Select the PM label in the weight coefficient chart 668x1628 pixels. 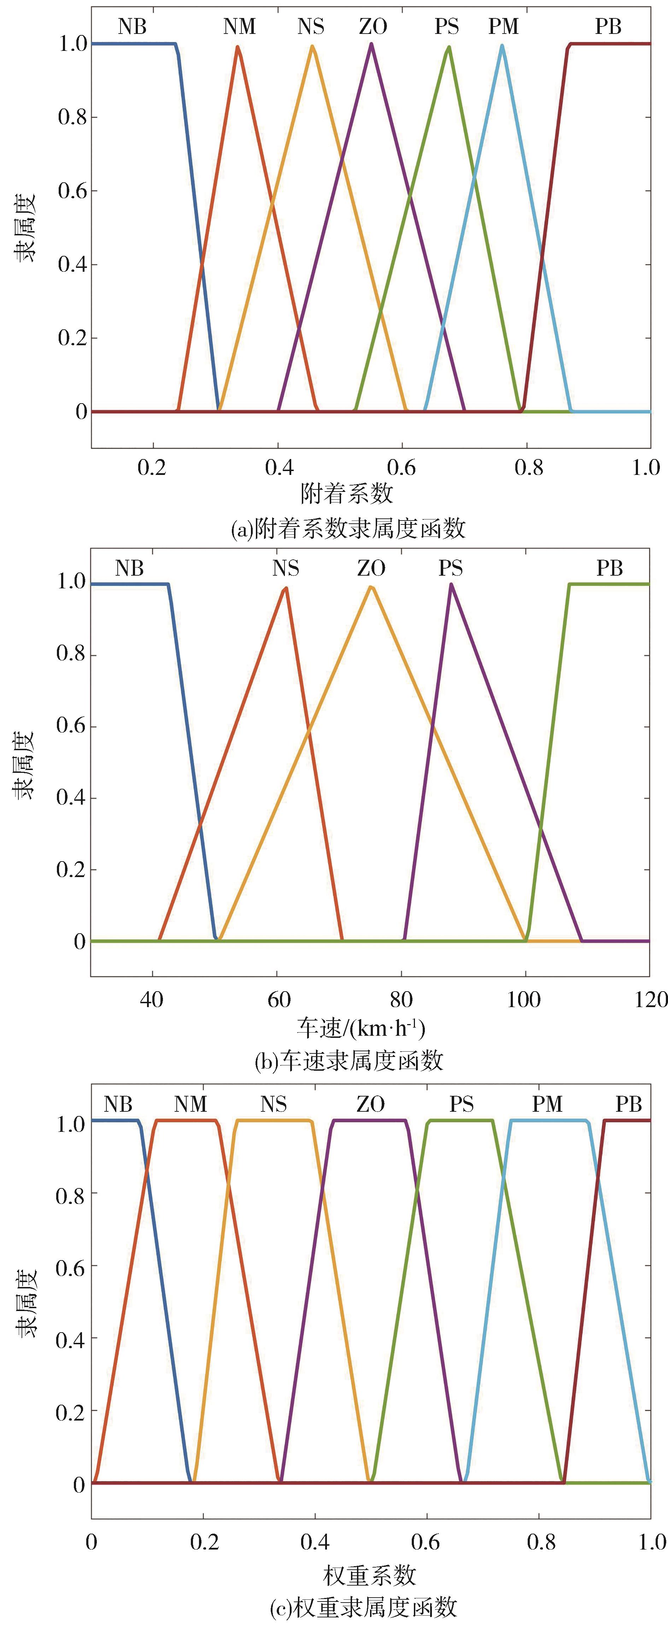tap(547, 1104)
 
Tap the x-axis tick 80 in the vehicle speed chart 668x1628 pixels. tap(401, 1000)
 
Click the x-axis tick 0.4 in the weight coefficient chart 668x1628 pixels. tap(314, 1542)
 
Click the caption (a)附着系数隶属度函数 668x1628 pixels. tap(348, 528)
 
